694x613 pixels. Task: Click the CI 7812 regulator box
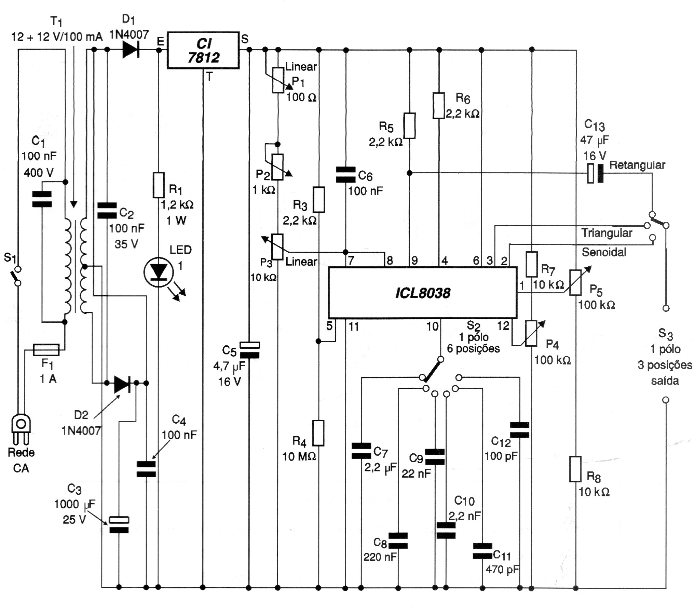pyautogui.click(x=203, y=51)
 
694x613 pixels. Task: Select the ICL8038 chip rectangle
pyautogui.click(x=423, y=293)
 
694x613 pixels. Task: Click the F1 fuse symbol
pyautogui.click(x=46, y=350)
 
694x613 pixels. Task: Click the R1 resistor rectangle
pyautogui.click(x=158, y=185)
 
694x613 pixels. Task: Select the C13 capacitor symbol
pyautogui.click(x=595, y=173)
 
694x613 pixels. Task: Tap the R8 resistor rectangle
pyautogui.click(x=576, y=469)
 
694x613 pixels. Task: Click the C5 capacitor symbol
pyautogui.click(x=249, y=350)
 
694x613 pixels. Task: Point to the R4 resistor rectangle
pyautogui.click(x=318, y=433)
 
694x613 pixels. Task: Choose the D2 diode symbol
pyautogui.click(x=122, y=383)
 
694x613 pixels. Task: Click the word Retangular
pyautogui.click(x=637, y=165)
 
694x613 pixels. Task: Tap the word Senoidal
pyautogui.click(x=604, y=252)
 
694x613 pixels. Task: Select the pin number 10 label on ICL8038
pyautogui.click(x=432, y=326)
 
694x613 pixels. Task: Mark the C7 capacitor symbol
pyautogui.click(x=361, y=451)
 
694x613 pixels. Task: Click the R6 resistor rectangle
pyautogui.click(x=439, y=105)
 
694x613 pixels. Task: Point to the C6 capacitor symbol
pyautogui.click(x=345, y=175)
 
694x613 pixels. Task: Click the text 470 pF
pyautogui.click(x=502, y=569)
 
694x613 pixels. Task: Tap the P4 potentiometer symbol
pyautogui.click(x=531, y=333)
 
